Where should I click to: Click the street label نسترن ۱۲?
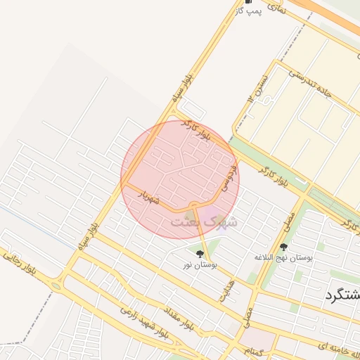point(257,87)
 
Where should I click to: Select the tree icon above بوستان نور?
point(200,254)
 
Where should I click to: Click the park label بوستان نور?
point(201,265)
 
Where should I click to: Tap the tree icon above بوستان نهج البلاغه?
point(283,247)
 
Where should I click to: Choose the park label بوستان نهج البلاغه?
point(284,258)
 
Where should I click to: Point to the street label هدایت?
point(226,288)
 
